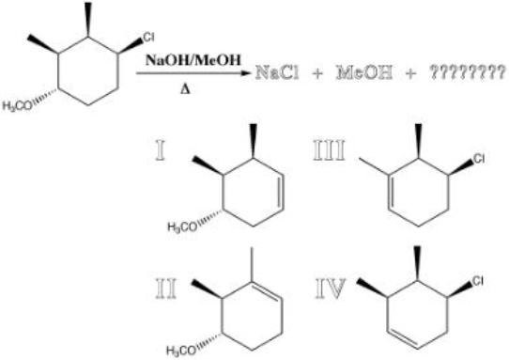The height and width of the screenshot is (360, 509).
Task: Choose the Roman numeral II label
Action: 167,284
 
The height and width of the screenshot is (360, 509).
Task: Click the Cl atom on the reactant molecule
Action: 147,37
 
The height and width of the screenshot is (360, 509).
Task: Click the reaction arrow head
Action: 247,71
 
